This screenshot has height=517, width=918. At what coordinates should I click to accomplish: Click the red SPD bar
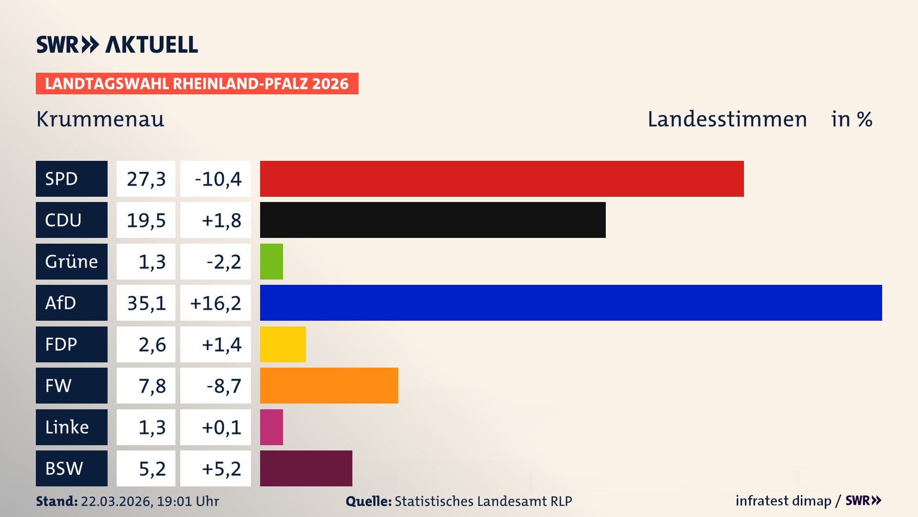[x=502, y=179]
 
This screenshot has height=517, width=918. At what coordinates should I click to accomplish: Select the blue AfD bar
[x=570, y=303]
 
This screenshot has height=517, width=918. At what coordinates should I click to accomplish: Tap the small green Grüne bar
[x=271, y=261]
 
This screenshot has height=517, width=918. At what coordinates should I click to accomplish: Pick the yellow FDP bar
[x=283, y=344]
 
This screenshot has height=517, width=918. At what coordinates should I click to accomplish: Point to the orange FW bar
[x=329, y=385]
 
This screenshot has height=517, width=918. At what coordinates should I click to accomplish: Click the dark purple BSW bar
[x=306, y=468]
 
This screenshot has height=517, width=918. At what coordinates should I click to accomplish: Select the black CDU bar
[x=433, y=220]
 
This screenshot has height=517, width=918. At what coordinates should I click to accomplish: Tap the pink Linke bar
[x=271, y=427]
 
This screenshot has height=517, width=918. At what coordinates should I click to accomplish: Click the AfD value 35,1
[x=146, y=303]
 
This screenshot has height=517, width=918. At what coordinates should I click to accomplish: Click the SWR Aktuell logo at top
[x=117, y=45]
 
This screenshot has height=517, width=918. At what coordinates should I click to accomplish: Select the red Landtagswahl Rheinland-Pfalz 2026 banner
[x=197, y=83]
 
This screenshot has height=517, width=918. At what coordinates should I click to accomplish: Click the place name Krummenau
[x=100, y=119]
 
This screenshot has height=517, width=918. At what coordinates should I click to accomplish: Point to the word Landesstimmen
[x=727, y=119]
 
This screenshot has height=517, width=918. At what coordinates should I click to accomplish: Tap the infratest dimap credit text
[x=783, y=501]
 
